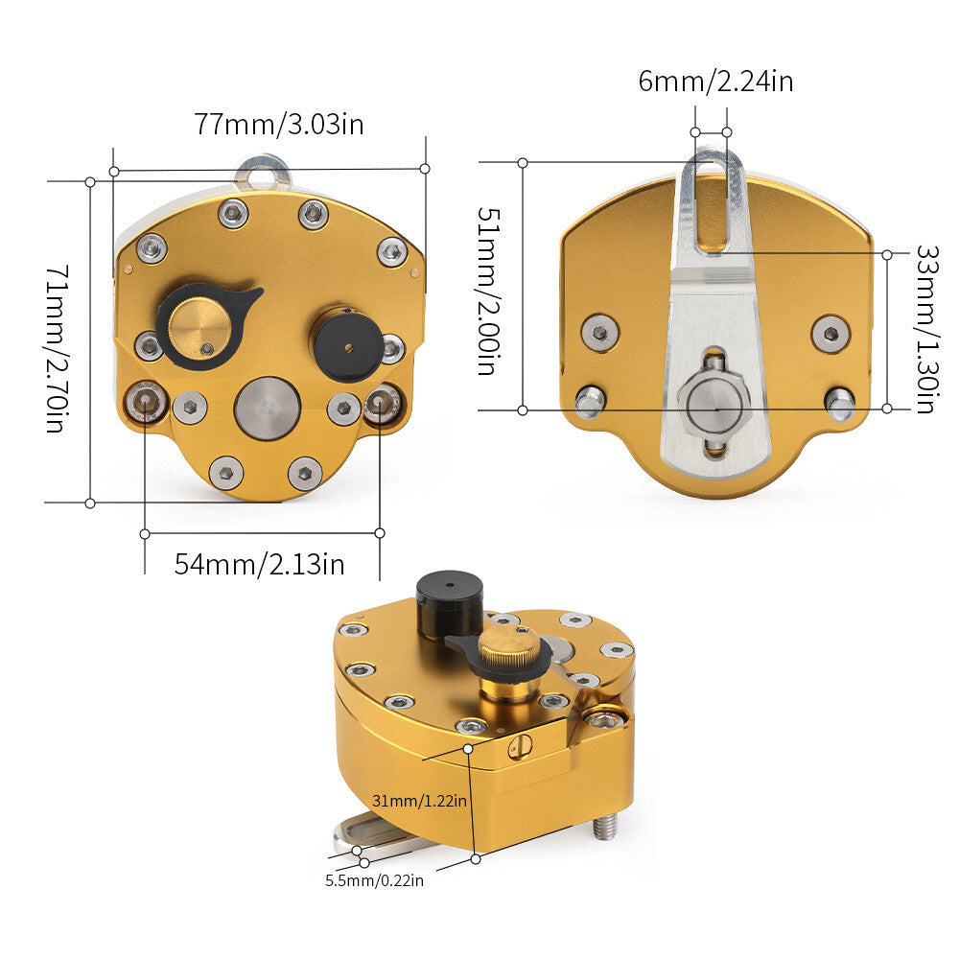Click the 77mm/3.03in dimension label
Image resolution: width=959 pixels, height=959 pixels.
pos(279,124)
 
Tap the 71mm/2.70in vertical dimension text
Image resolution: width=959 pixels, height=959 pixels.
pos(57,349)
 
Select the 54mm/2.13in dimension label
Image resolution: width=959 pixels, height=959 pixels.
pos(259,564)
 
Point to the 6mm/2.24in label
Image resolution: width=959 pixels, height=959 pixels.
pos(715,82)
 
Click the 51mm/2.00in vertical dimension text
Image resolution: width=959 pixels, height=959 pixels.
pos(489,291)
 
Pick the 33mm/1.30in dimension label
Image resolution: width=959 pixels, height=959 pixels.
pos(927,330)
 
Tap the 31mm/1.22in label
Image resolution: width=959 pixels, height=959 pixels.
pos(420,801)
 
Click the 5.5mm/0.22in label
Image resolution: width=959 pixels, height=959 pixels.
pos(374,880)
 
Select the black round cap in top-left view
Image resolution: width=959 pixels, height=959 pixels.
pos(349,345)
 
